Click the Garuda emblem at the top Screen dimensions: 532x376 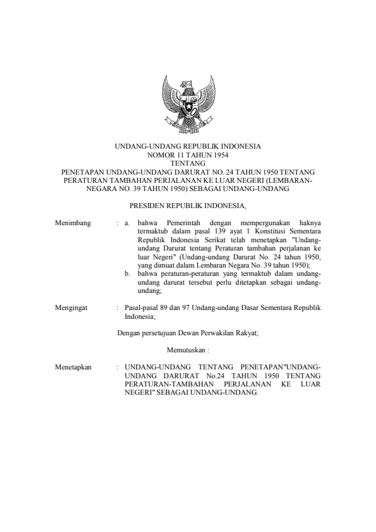[187, 102]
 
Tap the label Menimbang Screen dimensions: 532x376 [73, 223]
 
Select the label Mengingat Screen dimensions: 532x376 [72, 307]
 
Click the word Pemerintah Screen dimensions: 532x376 [184, 223]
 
